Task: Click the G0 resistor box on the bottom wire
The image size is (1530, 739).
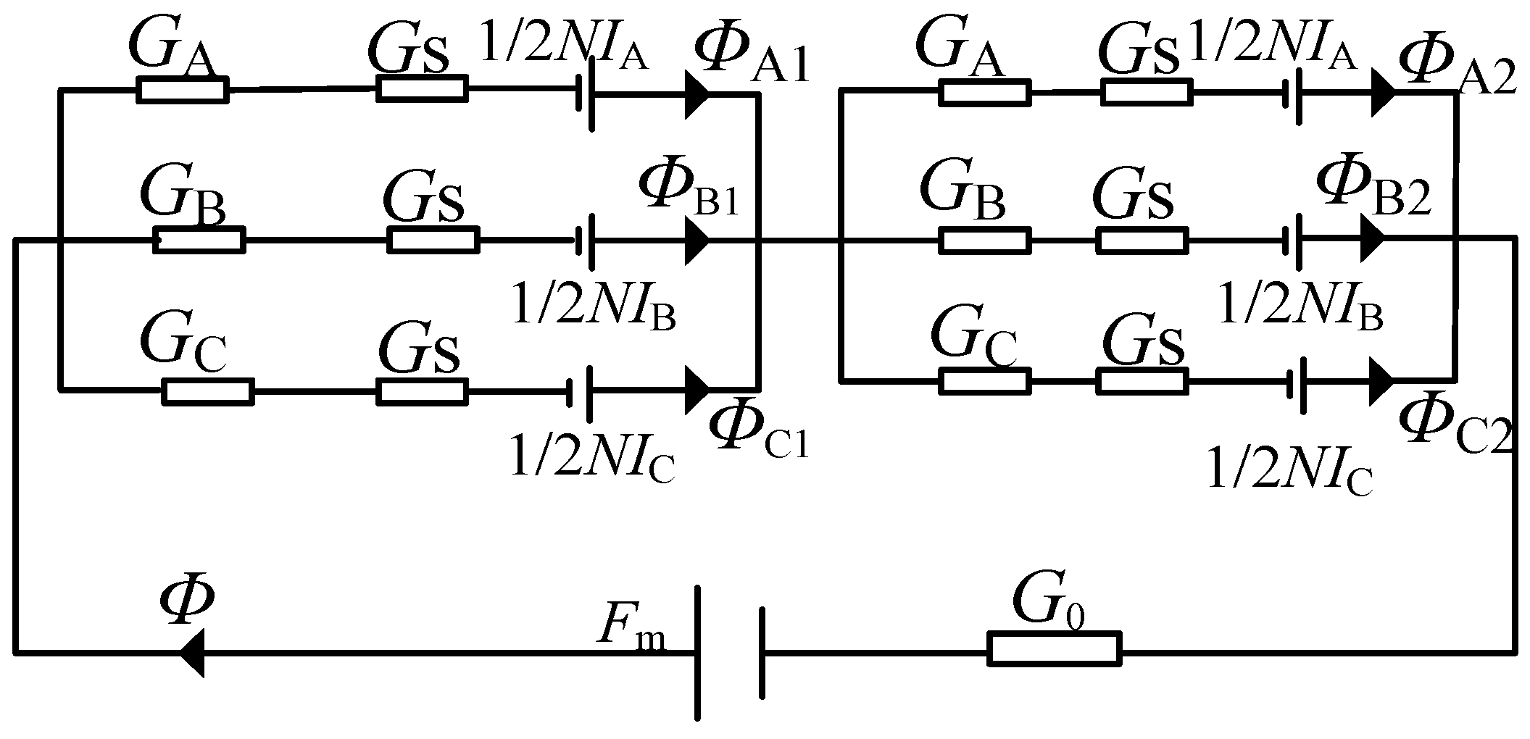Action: [1054, 648]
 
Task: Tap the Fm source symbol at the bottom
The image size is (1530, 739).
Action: [730, 652]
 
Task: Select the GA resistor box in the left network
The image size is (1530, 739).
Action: [182, 91]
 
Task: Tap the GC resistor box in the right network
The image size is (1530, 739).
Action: [984, 380]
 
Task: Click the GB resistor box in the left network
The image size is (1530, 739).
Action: [199, 240]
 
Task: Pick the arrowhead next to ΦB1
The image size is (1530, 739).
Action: [697, 240]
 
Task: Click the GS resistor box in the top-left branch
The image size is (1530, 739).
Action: [421, 90]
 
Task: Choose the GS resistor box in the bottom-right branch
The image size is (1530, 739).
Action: [1142, 380]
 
